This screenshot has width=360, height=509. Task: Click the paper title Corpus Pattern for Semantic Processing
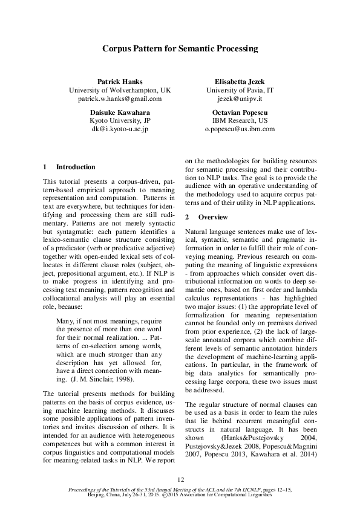(x=180, y=48)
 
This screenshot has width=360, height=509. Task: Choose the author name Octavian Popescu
(x=240, y=112)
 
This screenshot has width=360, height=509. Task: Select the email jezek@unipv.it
(x=240, y=98)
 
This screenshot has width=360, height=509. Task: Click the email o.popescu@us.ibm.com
(x=240, y=129)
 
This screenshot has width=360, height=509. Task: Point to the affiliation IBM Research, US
(x=240, y=120)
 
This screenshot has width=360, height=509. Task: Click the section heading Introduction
(x=75, y=167)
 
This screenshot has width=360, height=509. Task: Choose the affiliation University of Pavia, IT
(x=240, y=89)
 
